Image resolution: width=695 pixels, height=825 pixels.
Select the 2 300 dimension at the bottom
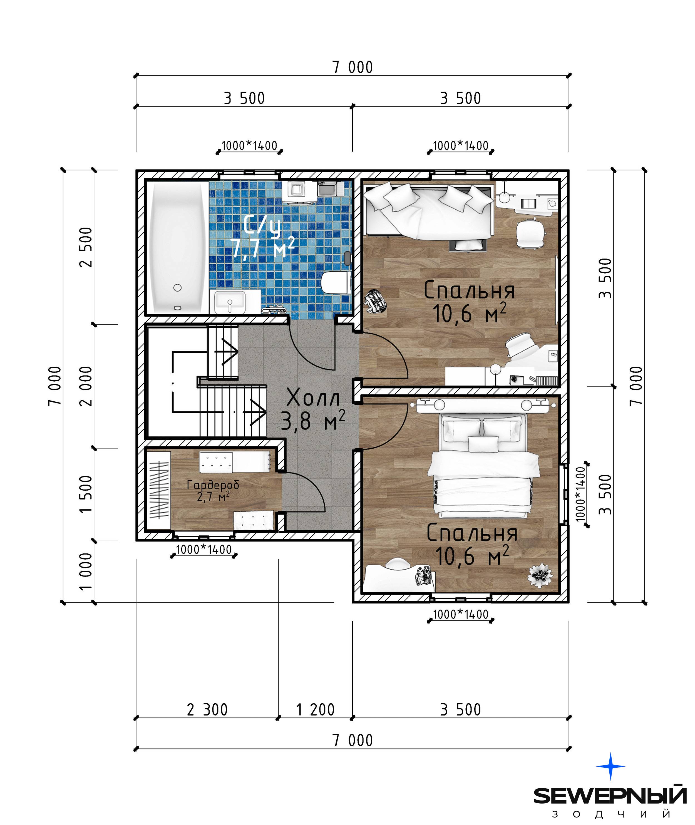coord(207,710)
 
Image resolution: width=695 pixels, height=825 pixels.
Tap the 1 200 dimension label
coord(315,710)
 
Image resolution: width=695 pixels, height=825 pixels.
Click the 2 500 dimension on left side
coord(86,247)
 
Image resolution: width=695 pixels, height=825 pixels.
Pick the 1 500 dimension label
coord(86,494)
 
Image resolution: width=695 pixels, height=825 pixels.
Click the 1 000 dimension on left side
coord(86,571)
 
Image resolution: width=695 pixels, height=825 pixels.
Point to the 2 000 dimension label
coord(86,386)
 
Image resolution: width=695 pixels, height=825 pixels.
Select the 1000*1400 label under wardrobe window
coord(204,550)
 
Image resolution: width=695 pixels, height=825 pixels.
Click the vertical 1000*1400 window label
coord(581,494)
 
